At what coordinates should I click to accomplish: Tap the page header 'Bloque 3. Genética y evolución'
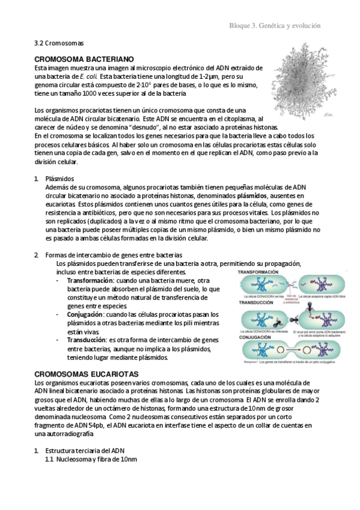click(x=275, y=26)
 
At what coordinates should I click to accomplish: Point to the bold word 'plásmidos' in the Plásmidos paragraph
click(x=253, y=196)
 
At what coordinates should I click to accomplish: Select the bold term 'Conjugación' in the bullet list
click(x=84, y=315)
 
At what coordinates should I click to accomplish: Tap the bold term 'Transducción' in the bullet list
click(x=87, y=340)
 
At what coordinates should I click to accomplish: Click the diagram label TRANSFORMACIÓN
click(x=258, y=272)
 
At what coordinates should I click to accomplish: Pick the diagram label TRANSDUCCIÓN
click(x=257, y=303)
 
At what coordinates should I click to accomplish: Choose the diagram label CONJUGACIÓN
click(x=256, y=337)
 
